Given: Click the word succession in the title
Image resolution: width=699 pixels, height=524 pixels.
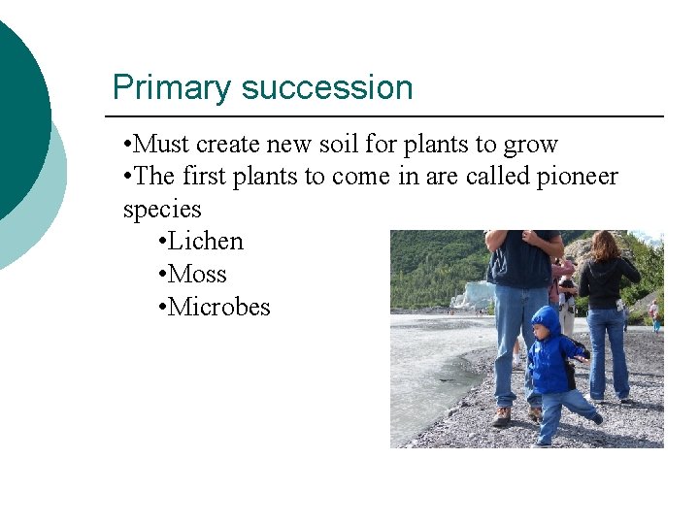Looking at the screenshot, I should [x=326, y=88].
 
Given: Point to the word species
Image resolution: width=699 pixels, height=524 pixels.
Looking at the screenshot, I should [x=162, y=210].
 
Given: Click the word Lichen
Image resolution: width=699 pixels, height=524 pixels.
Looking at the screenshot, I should [x=205, y=242].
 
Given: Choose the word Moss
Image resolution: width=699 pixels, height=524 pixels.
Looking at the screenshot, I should [x=197, y=275].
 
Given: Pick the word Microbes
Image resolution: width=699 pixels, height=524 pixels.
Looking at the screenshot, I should [x=218, y=308].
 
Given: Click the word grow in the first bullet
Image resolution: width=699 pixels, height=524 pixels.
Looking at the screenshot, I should [x=530, y=146].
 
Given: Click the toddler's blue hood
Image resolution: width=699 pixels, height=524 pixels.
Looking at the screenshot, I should [x=546, y=319].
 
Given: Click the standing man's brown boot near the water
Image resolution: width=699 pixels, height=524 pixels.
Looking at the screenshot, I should [x=501, y=416].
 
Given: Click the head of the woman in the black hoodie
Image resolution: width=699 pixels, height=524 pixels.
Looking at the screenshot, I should [x=604, y=244].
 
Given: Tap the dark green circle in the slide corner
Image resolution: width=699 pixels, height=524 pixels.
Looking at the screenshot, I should [x=15, y=116].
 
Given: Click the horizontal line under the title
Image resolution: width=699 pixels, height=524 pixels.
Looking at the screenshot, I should [x=388, y=116].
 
